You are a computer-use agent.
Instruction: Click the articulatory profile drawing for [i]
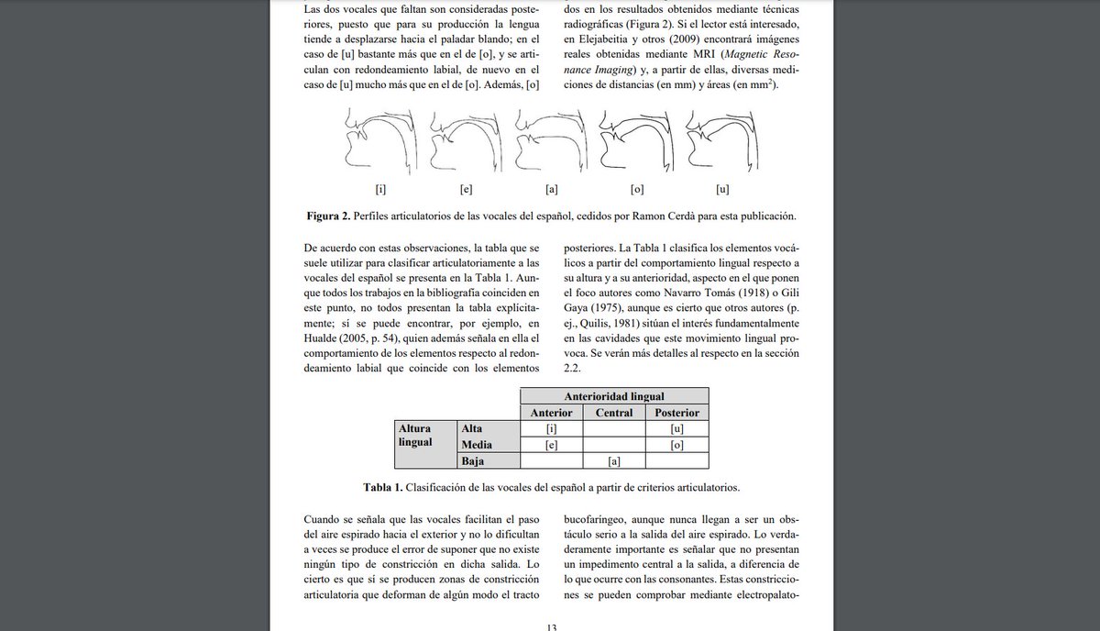coord(380,142)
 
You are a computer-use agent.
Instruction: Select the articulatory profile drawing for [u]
coord(717,142)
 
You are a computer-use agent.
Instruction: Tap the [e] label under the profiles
coord(465,190)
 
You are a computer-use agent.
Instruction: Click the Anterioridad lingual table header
coord(614,396)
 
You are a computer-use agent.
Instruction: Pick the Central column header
coord(614,413)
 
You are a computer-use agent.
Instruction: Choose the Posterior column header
coord(676,413)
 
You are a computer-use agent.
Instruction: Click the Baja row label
coord(473,460)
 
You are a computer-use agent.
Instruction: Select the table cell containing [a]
coord(614,460)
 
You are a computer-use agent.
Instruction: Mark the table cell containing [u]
coord(676,428)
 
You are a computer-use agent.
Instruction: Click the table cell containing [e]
coord(552,445)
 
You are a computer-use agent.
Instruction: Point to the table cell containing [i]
coord(552,428)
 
